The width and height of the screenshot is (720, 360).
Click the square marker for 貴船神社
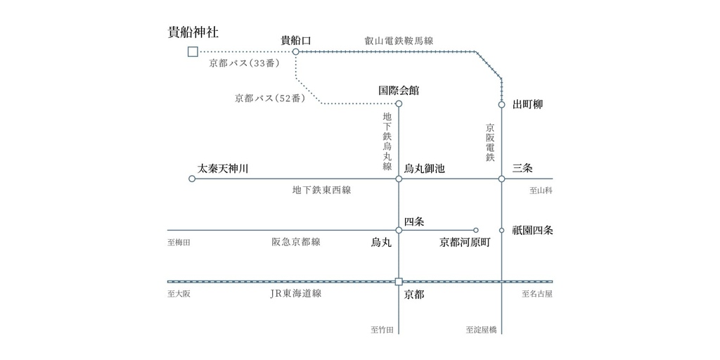tap(193, 52)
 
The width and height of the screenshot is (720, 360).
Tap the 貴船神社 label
tap(193, 32)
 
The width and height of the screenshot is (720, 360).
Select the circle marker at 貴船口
tap(296, 52)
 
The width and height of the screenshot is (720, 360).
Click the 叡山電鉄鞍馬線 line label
tap(397, 41)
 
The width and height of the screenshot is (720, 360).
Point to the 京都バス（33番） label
tap(244, 64)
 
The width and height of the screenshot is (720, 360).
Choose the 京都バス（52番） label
tap(270, 98)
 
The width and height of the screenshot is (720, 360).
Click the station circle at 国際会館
tap(399, 104)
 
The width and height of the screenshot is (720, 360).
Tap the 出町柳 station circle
tap(501, 104)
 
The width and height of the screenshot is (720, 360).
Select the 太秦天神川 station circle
tap(192, 179)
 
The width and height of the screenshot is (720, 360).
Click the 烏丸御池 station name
tap(424, 169)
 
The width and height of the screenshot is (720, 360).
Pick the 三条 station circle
tap(501, 179)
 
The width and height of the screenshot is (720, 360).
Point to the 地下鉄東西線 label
tap(321, 190)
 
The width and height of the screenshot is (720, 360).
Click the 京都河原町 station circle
tap(476, 230)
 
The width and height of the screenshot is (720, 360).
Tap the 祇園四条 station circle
tap(501, 230)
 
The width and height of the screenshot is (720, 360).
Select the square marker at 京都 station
tap(399, 281)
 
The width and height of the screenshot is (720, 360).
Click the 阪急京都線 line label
tap(296, 242)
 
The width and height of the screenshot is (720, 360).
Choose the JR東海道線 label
tap(296, 294)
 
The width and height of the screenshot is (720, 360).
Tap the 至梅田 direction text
tap(179, 243)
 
